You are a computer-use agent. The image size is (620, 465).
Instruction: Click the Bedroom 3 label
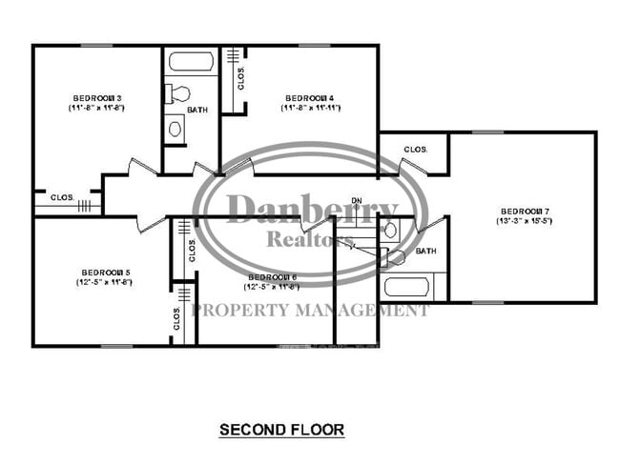[97, 98]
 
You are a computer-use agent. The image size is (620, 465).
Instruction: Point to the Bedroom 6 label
[272, 276]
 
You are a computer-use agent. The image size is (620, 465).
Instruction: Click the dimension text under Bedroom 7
[524, 221]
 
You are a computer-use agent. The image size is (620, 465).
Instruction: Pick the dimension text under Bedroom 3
[97, 109]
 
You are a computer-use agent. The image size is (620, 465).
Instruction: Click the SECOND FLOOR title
[281, 430]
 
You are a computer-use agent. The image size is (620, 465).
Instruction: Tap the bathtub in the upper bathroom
[192, 63]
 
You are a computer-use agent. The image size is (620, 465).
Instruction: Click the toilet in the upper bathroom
[178, 93]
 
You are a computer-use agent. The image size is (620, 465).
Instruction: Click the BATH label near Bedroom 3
[197, 110]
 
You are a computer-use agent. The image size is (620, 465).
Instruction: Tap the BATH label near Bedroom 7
[425, 252]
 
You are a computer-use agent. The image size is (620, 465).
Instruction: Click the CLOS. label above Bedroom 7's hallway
[414, 150]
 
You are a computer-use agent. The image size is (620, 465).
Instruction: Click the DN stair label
[357, 200]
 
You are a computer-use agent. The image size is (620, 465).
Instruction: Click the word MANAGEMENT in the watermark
[367, 310]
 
